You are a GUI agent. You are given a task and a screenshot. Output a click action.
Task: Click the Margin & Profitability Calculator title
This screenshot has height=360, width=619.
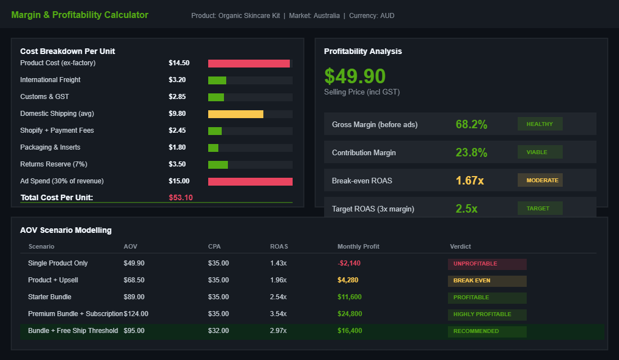pyautogui.click(x=80, y=15)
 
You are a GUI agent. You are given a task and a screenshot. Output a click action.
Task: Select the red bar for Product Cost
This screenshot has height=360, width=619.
pyautogui.click(x=249, y=64)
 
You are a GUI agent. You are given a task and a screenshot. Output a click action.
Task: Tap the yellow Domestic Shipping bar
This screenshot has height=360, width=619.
pyautogui.click(x=236, y=114)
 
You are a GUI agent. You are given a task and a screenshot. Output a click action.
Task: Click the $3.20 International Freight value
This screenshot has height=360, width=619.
pyautogui.click(x=177, y=80)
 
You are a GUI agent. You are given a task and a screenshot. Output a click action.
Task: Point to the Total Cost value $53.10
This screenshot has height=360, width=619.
pyautogui.click(x=181, y=197)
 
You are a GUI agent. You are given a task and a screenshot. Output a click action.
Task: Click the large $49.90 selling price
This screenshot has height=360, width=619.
pyautogui.click(x=355, y=76)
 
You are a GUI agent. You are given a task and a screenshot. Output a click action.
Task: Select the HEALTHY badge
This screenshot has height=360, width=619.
pyautogui.click(x=540, y=124)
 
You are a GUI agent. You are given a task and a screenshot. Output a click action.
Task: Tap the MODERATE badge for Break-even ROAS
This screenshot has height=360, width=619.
pyautogui.click(x=540, y=180)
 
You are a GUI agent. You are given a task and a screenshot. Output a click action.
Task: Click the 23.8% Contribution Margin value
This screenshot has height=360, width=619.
pyautogui.click(x=472, y=152)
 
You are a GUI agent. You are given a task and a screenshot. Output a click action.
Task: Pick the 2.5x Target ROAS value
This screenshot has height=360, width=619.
pyautogui.click(x=467, y=209)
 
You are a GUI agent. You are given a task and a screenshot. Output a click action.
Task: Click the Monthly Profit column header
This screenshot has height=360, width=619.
pyautogui.click(x=358, y=246)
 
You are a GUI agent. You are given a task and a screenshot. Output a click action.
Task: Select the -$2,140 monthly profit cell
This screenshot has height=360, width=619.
pyautogui.click(x=349, y=263)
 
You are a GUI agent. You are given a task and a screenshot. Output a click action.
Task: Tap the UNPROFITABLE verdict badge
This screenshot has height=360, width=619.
pyautogui.click(x=487, y=264)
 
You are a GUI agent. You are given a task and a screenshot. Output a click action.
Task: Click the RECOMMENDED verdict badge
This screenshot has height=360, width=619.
pyautogui.click(x=487, y=331)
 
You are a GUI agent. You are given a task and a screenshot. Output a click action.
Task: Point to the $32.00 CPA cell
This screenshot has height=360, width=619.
pyautogui.click(x=218, y=331)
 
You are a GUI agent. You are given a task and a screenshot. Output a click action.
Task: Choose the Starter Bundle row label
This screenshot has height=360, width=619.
pyautogui.click(x=50, y=297)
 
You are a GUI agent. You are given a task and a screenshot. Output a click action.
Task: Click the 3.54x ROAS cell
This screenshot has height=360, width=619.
pyautogui.click(x=278, y=314)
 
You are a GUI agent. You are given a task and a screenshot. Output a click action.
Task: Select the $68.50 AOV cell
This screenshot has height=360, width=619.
pyautogui.click(x=134, y=280)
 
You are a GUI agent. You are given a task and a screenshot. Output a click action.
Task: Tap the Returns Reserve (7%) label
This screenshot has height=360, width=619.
pyautogui.click(x=54, y=164)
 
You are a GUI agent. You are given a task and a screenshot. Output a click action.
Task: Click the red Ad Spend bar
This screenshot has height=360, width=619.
pyautogui.click(x=250, y=182)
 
